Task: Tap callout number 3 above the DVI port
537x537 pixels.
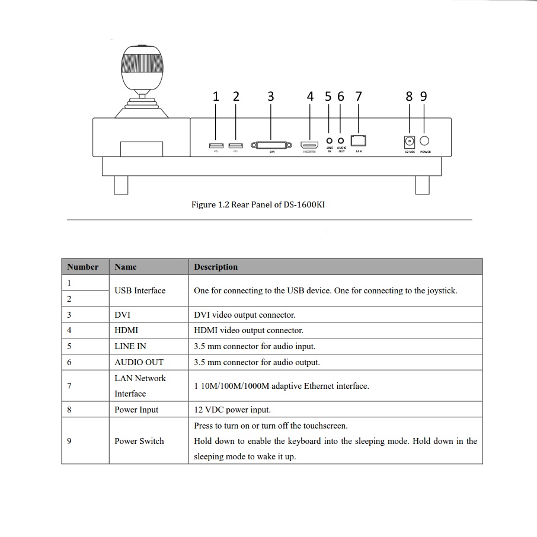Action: (271, 97)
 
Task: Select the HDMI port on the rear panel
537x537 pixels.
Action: (309, 145)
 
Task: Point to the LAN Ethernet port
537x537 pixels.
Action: (359, 140)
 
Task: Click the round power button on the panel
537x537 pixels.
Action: (424, 140)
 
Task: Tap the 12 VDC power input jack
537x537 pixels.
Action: (409, 142)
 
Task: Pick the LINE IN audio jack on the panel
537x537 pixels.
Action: (330, 141)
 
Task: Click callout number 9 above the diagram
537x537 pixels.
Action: (423, 97)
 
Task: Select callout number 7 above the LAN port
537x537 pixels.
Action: (358, 97)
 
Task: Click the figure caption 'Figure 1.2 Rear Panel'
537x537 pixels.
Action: (258, 204)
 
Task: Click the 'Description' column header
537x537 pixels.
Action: (216, 267)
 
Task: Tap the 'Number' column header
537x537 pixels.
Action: (83, 267)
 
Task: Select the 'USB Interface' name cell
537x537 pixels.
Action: (140, 290)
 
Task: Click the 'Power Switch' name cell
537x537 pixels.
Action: (139, 441)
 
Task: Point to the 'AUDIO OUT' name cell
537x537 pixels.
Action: (139, 362)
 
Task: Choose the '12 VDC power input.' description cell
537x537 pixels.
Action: (232, 410)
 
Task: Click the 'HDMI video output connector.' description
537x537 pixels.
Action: (248, 330)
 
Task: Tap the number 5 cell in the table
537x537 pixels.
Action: (69, 346)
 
